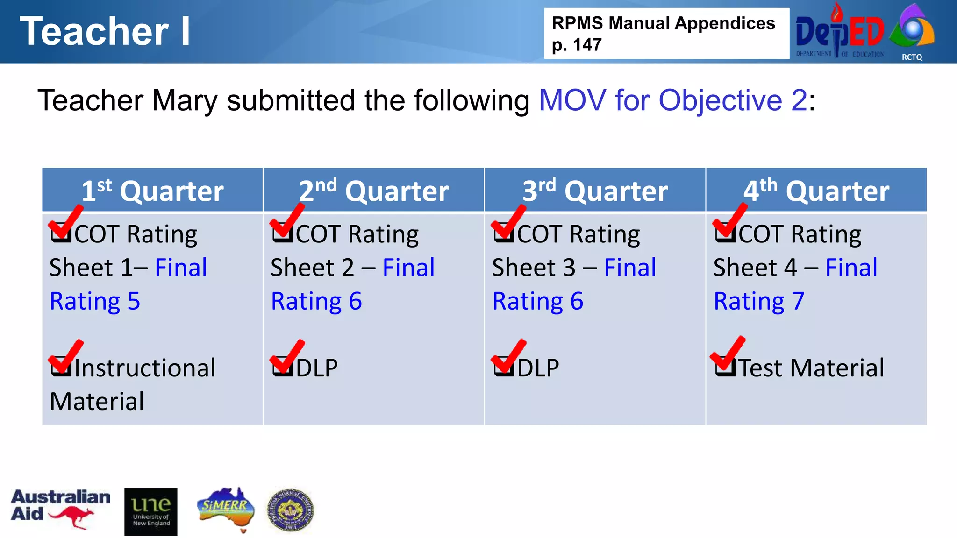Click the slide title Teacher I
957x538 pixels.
click(105, 32)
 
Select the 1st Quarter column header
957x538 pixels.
click(152, 191)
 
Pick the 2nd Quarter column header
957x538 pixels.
click(373, 191)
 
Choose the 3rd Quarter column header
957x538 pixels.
click(595, 191)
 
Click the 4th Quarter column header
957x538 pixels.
click(816, 191)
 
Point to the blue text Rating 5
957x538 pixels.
click(95, 301)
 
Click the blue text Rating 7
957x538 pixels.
click(759, 301)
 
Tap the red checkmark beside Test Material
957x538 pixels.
click(728, 355)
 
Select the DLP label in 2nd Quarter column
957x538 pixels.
click(316, 368)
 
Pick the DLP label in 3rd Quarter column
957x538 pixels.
click(538, 368)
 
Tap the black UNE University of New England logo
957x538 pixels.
click(150, 512)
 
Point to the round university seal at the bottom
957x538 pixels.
click(290, 510)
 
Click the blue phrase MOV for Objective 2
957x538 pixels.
click(673, 100)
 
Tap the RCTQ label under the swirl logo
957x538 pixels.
click(912, 57)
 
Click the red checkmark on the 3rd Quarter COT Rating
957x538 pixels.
click(508, 222)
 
